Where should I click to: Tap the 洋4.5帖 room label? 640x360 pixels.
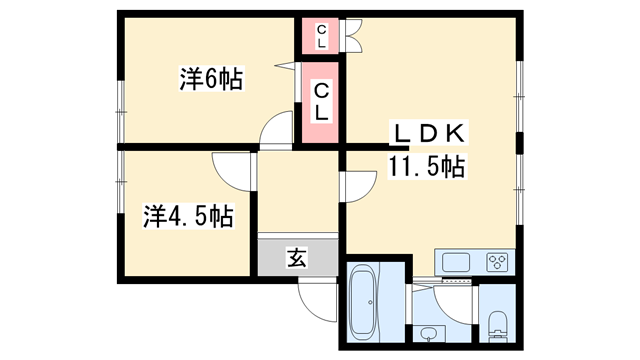[188, 215]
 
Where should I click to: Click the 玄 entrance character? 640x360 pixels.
[297, 257]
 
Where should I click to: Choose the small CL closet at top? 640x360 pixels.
[321, 37]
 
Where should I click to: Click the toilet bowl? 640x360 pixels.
[498, 321]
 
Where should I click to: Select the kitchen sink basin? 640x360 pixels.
[456, 264]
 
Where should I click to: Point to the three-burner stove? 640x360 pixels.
[497, 263]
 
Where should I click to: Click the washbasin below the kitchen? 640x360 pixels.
[430, 333]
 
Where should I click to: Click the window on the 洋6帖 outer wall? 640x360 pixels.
[118, 100]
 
